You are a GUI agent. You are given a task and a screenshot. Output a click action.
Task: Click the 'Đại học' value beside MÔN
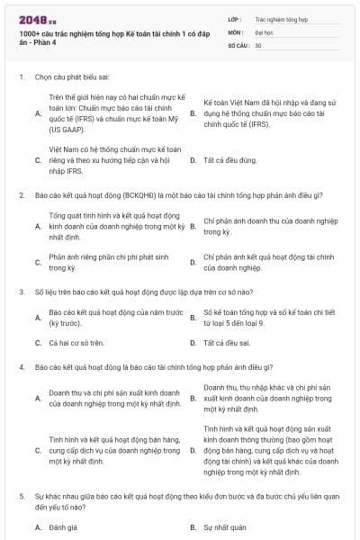pos(263,31)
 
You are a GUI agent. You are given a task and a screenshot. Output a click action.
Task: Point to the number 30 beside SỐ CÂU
pos(258,44)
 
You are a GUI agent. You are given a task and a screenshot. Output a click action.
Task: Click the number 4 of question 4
pos(21,368)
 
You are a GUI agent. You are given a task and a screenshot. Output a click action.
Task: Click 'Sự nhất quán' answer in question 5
pos(225,527)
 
